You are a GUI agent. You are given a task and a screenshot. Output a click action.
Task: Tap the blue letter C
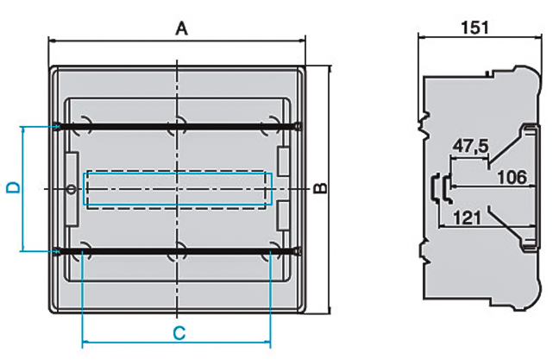178,332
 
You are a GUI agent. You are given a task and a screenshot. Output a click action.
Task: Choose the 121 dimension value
467,218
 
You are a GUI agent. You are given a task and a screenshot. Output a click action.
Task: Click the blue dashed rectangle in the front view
178,190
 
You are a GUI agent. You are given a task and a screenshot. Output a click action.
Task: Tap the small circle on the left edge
69,189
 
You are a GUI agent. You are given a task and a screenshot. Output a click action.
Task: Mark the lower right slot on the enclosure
283,216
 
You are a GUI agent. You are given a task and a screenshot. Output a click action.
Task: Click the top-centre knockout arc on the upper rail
177,122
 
